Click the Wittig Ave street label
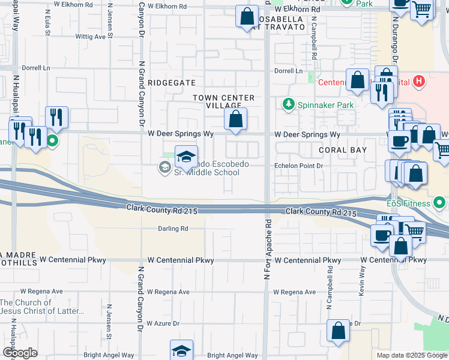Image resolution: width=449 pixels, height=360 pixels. pos(94,37)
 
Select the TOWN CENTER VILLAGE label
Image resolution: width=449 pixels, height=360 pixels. pos(224,101)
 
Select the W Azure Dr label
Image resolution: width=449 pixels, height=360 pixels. pos(162,323)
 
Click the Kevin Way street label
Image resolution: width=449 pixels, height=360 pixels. pos(363,280)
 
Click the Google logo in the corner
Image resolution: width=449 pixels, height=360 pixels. pos(20,353)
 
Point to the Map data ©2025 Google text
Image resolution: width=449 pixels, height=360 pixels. pos(411,355)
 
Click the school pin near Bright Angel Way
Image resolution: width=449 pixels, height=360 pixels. pos(182,350)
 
